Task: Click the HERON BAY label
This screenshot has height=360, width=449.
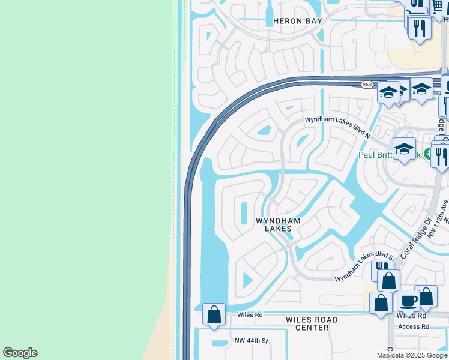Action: (x=298, y=21)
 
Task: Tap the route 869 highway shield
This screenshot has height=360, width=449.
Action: (x=366, y=85)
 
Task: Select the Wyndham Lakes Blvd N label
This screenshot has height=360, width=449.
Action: (x=337, y=128)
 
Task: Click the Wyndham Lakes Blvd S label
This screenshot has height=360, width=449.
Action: (x=364, y=267)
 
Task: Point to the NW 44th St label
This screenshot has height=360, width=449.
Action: (x=251, y=341)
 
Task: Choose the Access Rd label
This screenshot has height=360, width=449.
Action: (x=414, y=327)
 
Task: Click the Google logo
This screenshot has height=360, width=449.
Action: (x=20, y=353)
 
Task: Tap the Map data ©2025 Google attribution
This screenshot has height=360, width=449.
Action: (x=412, y=355)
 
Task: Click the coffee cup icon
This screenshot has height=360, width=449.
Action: (x=408, y=301)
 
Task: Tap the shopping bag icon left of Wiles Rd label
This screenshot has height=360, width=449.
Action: (x=214, y=314)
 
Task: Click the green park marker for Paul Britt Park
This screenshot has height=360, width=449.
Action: (x=427, y=154)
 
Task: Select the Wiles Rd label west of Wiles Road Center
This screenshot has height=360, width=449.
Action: (x=250, y=314)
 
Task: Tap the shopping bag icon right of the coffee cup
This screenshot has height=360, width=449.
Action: (x=426, y=296)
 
